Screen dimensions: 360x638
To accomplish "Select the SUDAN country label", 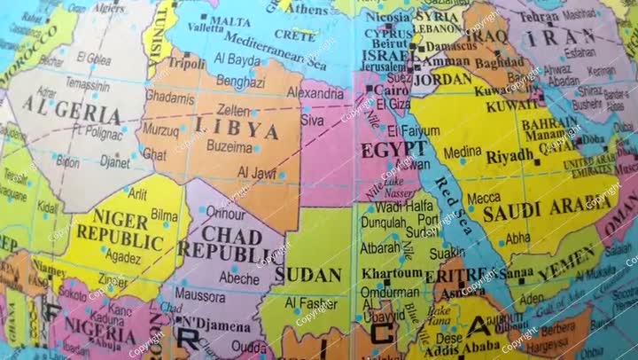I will tap(307, 274).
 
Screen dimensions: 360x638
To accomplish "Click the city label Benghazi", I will tap(242, 81).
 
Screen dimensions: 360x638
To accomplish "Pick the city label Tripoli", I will tap(187, 65).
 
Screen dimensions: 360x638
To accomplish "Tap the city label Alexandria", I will tap(315, 93).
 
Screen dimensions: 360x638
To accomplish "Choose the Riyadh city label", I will tap(510, 157).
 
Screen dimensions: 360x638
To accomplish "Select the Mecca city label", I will tap(484, 199).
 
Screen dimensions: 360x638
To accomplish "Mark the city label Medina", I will tap(463, 153).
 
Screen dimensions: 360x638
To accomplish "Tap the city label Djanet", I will tap(114, 162).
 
